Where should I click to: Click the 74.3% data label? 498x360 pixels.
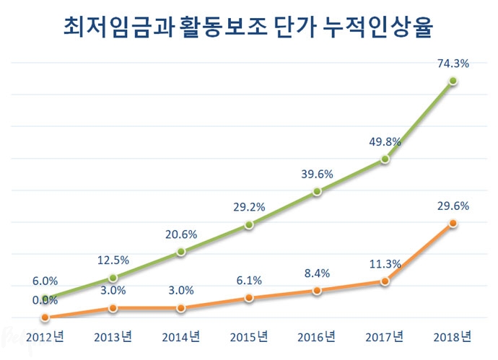(453, 63)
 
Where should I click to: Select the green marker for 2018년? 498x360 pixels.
(453, 81)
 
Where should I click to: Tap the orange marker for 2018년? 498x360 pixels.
(453, 224)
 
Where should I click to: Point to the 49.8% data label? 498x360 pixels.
(385, 141)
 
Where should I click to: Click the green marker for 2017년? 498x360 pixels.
(385, 159)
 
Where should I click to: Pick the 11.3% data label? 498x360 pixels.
(385, 265)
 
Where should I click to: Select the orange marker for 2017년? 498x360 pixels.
(385, 282)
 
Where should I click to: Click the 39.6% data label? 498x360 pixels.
(317, 174)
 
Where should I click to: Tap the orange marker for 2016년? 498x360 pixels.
(317, 291)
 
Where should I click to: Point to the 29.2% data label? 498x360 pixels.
(249, 207)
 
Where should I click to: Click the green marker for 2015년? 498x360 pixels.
(249, 224)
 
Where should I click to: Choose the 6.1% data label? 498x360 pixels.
(249, 281)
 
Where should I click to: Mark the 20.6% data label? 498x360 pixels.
(180, 234)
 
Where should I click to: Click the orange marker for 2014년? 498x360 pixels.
(180, 308)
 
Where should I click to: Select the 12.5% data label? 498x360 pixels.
(113, 260)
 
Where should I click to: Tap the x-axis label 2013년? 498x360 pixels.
(113, 336)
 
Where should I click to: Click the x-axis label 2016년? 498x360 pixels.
(317, 336)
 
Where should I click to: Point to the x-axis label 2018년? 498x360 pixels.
(453, 336)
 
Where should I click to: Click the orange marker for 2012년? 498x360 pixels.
(45, 317)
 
